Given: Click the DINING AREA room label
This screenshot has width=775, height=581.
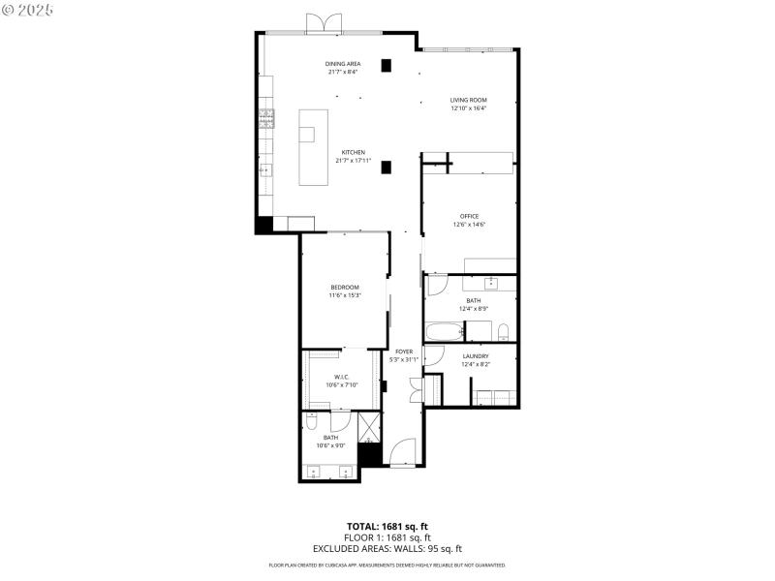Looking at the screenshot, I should coord(343,64).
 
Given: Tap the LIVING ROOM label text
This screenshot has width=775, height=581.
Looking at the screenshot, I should coord(468,100).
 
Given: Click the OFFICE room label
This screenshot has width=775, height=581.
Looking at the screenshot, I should coord(469,216).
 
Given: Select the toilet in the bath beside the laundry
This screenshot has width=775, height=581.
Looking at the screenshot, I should coord(503,333).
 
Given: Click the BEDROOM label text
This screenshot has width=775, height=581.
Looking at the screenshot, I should coord(345,288).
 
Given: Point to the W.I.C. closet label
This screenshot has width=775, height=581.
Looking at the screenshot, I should coord(341,377).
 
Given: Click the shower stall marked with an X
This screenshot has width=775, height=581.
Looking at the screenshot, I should coord(369,426).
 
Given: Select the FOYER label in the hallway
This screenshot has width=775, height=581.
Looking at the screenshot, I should coord(404,352).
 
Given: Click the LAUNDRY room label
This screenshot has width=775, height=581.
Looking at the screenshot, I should coord(475,356).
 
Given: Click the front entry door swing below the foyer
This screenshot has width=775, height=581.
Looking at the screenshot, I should coord(402,453).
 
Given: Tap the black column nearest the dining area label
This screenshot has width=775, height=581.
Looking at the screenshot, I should coord(387,66).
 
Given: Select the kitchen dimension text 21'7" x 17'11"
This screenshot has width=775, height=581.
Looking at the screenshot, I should coord(353,160).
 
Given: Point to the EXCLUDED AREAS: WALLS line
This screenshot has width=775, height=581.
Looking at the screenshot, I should coord(387,547).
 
